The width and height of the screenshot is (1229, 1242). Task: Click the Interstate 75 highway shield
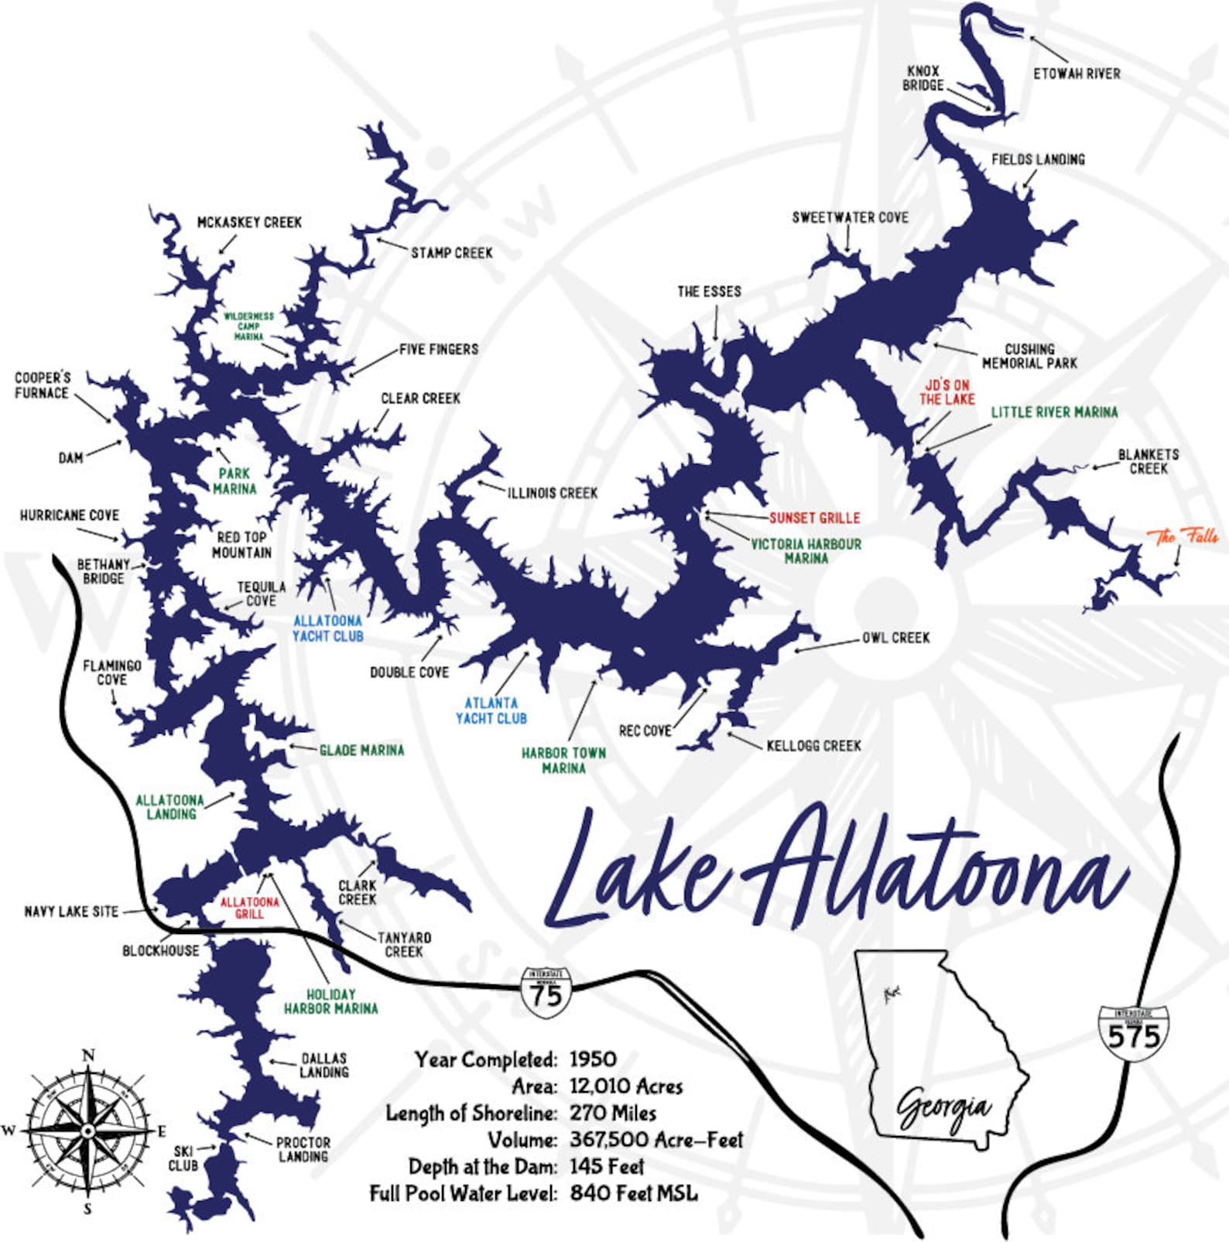546,992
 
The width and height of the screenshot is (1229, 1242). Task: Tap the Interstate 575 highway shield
1133,1033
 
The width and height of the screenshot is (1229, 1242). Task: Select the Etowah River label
1077,74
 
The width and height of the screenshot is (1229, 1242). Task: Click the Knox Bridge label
923,78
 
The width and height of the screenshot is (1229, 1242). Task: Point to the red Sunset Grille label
814,518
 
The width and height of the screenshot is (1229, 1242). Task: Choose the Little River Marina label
1054,412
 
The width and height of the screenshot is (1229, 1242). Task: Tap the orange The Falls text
1182,536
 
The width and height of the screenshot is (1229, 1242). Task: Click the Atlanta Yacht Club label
491,710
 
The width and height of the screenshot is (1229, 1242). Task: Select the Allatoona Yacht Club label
327,628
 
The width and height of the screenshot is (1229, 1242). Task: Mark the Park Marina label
234,481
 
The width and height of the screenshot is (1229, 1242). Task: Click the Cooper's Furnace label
43,385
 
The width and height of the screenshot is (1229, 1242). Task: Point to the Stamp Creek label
451,253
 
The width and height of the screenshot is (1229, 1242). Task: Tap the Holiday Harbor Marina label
330,1001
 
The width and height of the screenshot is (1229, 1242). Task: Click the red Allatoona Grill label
249,908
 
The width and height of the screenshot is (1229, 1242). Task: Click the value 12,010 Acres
626,1086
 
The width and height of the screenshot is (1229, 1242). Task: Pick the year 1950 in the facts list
593,1059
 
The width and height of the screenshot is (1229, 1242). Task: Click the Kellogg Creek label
813,746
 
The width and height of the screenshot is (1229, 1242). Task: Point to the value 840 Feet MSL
633,1193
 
